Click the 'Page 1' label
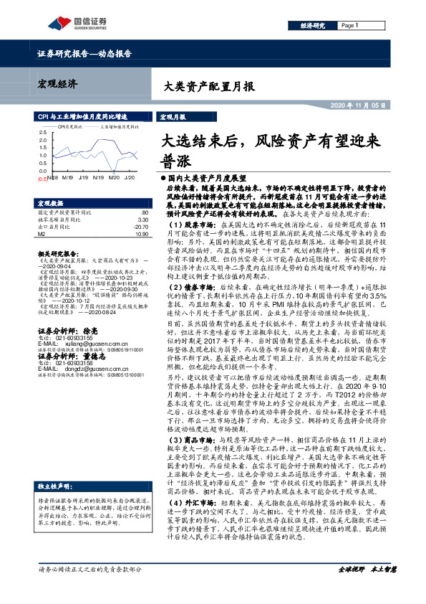click(x=350, y=25)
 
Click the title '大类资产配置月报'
click(x=205, y=87)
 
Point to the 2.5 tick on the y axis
click(x=42, y=133)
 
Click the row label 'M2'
click(x=42, y=234)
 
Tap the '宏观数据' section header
click(x=51, y=203)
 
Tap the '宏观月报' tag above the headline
click(x=172, y=115)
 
